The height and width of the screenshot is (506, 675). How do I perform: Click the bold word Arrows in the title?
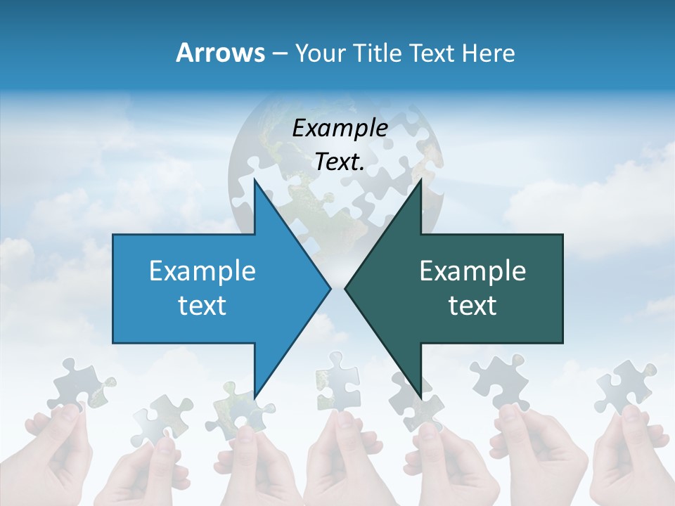point(220,53)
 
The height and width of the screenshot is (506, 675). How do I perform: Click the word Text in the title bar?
point(432,53)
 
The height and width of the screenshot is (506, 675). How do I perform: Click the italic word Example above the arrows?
point(340,128)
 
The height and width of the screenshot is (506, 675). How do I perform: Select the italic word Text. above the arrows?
point(340,162)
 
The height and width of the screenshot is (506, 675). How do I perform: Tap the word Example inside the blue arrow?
point(202,271)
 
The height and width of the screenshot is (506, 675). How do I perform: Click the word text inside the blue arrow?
point(202,306)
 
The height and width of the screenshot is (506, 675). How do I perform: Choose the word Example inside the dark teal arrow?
point(472,271)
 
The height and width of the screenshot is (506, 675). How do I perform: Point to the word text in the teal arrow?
point(472,306)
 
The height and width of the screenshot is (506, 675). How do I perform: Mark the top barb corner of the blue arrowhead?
point(255,181)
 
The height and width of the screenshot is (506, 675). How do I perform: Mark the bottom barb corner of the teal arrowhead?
point(420,396)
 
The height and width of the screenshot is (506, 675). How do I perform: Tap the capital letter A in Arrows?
point(184,53)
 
